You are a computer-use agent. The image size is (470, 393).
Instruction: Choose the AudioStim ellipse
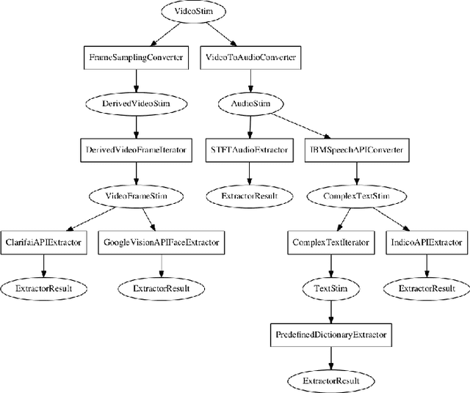click(251, 104)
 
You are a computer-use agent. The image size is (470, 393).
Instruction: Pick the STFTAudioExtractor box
click(251, 150)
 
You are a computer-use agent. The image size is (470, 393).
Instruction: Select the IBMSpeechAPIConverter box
click(357, 150)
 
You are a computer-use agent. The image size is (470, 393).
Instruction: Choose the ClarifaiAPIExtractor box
click(43, 242)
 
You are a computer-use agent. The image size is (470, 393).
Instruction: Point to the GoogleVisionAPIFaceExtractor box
click(162, 242)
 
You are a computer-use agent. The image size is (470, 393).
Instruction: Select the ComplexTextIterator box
click(330, 242)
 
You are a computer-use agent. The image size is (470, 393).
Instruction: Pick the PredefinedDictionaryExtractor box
click(330, 334)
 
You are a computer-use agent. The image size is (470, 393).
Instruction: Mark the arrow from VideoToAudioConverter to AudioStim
click(251, 81)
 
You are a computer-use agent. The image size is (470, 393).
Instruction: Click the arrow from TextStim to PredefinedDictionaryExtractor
click(330, 311)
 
